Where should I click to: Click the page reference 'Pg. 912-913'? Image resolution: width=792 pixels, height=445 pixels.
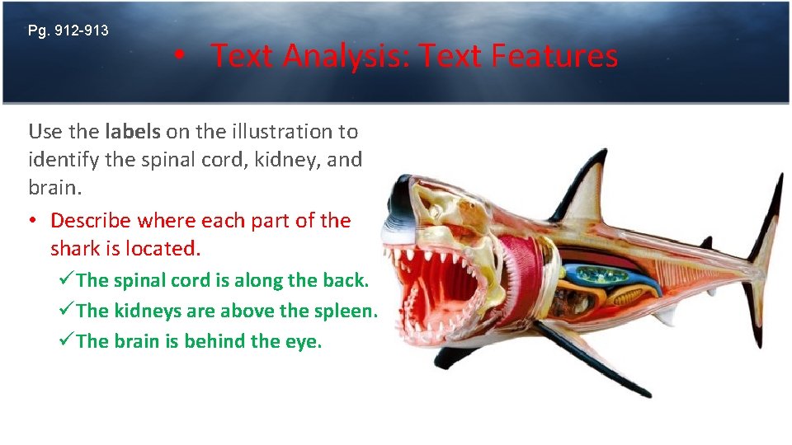coord(68,31)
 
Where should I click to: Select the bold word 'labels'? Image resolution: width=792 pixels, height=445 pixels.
coord(133,131)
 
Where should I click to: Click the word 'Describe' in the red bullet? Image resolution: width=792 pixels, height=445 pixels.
coord(92,221)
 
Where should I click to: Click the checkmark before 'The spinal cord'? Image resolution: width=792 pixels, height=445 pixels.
coord(68,280)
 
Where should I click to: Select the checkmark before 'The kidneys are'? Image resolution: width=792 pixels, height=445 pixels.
coord(68,311)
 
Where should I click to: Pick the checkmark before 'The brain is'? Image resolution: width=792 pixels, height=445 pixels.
coord(68,341)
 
